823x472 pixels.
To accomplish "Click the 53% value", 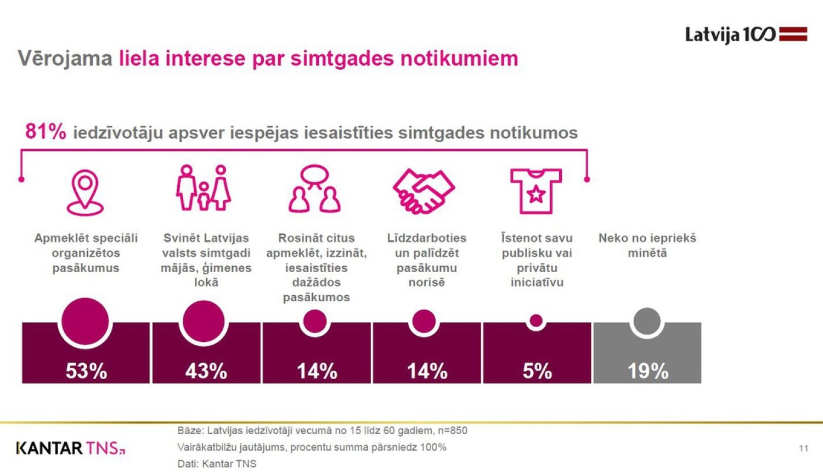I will click(86, 371).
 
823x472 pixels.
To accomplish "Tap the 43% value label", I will click(206, 371).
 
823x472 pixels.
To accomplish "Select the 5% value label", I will click(537, 371).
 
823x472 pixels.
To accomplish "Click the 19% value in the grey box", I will click(647, 371).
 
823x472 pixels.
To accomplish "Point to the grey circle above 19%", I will click(647, 322).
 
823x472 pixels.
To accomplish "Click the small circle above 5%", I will click(536, 321).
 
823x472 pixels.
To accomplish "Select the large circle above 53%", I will click(85, 322).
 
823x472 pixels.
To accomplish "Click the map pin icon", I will click(85, 192).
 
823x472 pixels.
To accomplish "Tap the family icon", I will click(204, 188).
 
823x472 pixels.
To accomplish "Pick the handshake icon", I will click(424, 191).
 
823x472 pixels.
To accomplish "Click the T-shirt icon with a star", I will click(535, 190).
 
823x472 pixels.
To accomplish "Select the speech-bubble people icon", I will click(315, 189).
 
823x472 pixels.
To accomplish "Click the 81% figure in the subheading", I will click(46, 132).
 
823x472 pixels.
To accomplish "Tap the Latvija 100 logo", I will click(746, 35).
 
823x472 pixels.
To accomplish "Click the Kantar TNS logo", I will click(70, 448).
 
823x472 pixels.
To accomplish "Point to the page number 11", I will click(803, 448).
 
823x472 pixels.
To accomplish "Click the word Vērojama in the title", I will click(65, 58).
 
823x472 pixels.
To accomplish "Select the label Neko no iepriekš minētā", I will click(647, 245).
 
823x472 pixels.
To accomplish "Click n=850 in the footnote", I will click(452, 430).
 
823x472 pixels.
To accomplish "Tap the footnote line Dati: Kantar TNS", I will click(217, 464).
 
